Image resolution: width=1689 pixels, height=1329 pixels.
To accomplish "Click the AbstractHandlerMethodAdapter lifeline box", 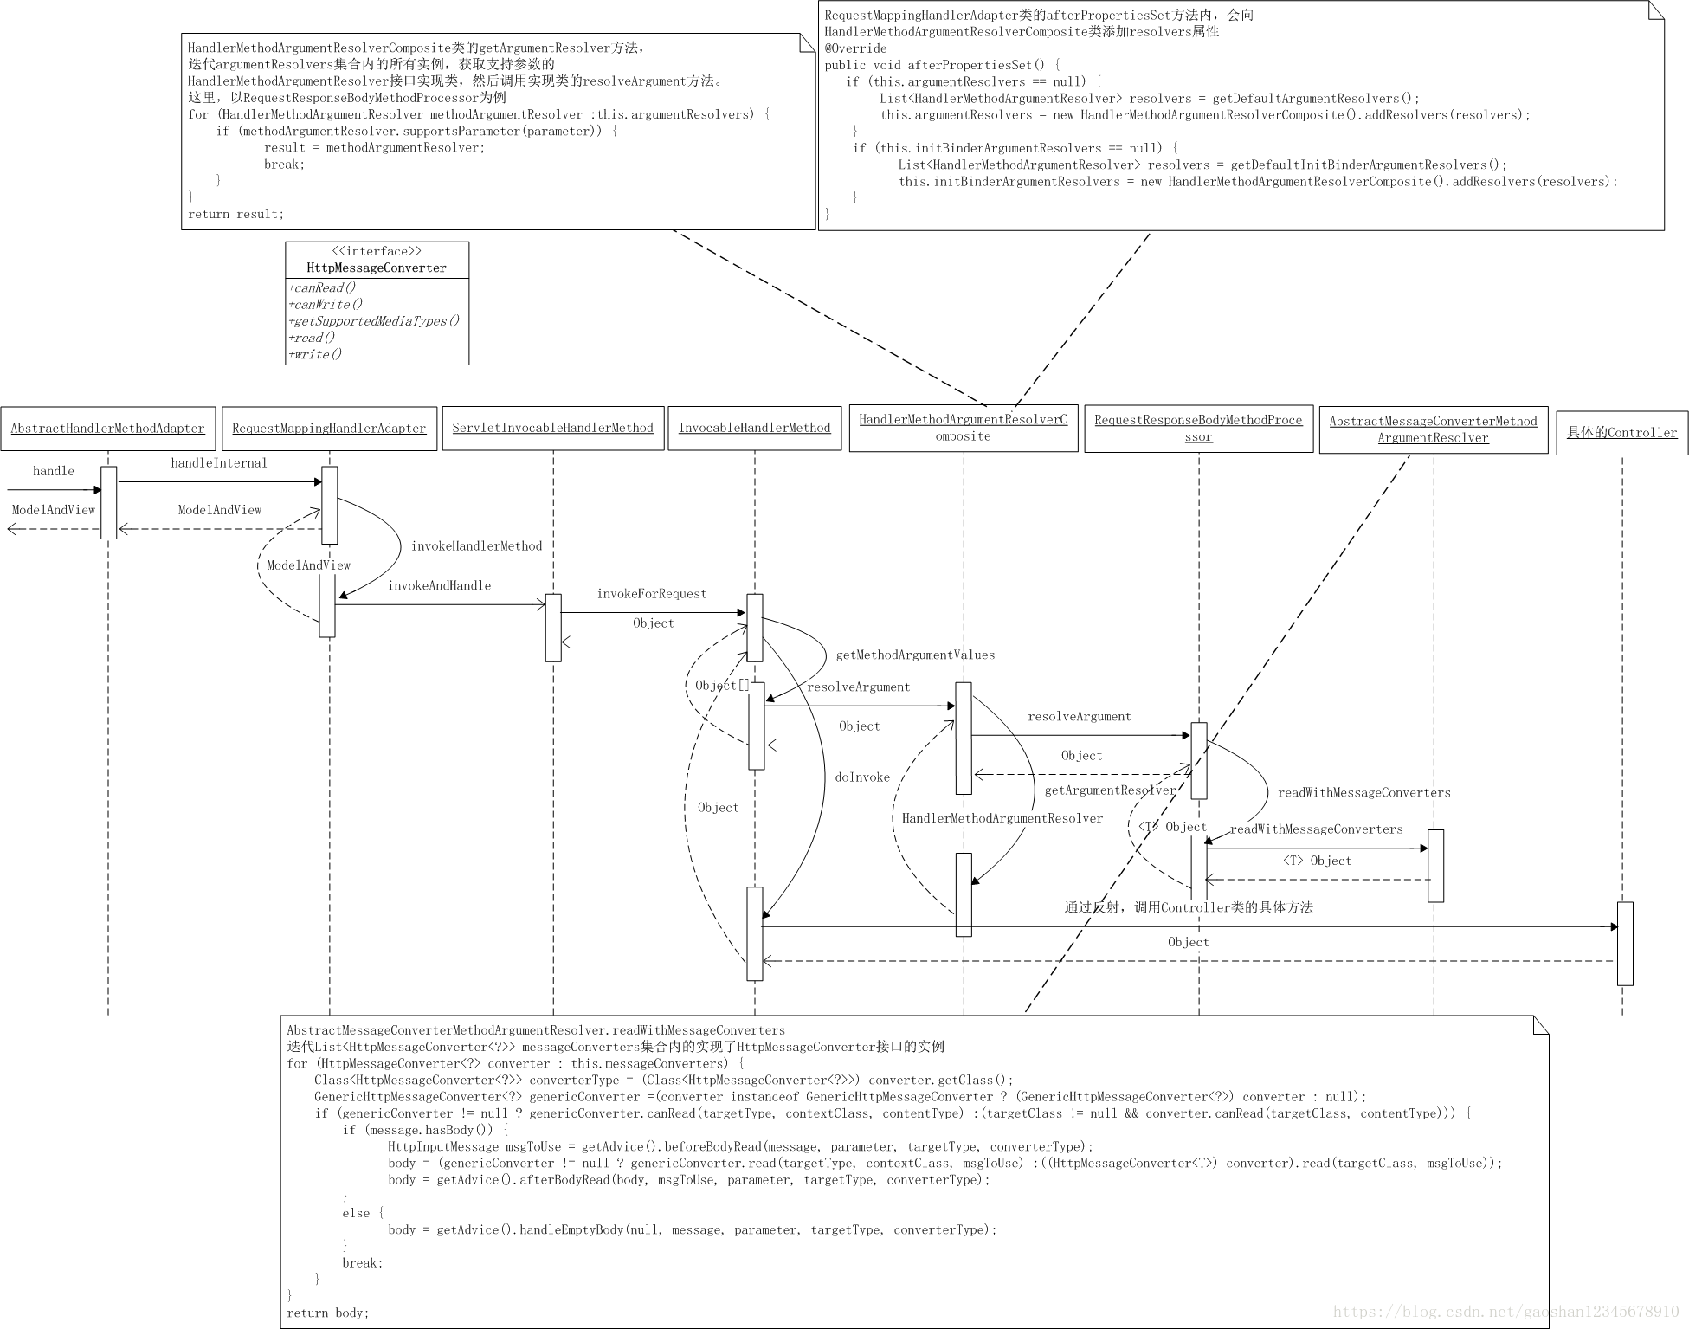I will (x=107, y=429).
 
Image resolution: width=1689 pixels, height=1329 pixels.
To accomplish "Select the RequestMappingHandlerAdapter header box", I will (x=329, y=429).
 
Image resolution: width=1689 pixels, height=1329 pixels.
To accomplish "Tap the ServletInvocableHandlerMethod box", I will (x=552, y=428).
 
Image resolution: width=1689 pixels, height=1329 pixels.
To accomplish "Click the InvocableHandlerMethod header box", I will (x=754, y=428).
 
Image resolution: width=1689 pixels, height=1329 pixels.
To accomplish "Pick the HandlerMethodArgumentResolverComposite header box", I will (x=963, y=428).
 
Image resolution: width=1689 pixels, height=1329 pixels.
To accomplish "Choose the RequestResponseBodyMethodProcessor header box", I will (x=1198, y=429).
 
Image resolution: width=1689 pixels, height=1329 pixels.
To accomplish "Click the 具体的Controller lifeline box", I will (x=1621, y=432).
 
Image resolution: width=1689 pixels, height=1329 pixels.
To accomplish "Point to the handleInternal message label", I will (x=219, y=463).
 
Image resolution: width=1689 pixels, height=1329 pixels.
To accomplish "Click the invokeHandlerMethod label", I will (x=476, y=546).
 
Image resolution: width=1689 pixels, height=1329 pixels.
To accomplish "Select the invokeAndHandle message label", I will (x=439, y=586).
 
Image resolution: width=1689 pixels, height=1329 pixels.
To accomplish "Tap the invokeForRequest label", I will (x=651, y=594).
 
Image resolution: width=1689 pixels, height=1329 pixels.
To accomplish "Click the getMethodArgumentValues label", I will (x=915, y=655).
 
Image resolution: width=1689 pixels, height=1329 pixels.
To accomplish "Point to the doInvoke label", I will (x=862, y=777).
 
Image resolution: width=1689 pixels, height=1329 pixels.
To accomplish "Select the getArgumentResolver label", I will (x=1110, y=790).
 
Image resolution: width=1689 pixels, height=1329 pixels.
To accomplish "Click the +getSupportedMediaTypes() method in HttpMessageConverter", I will (x=373, y=321).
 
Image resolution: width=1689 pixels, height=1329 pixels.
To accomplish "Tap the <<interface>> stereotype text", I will (x=377, y=251).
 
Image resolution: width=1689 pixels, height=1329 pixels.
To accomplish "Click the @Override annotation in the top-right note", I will (x=855, y=48).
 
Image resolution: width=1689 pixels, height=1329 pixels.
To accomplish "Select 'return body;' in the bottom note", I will (x=328, y=1313).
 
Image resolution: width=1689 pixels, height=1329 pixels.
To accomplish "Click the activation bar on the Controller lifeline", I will (x=1625, y=943).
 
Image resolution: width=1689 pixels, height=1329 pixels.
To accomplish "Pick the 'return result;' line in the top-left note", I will (x=235, y=214).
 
